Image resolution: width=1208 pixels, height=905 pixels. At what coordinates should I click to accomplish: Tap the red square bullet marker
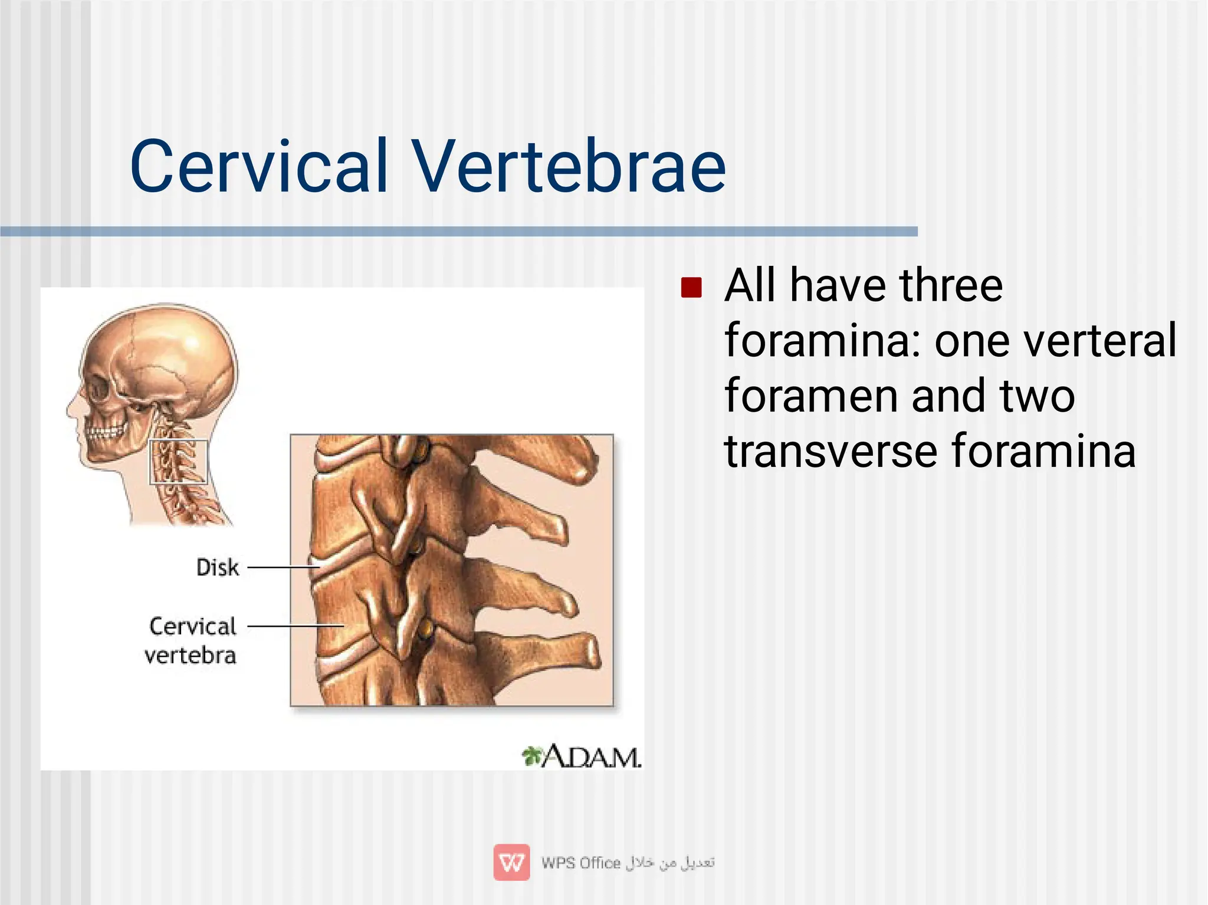point(691,288)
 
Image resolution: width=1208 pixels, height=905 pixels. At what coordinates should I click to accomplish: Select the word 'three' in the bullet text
point(951,285)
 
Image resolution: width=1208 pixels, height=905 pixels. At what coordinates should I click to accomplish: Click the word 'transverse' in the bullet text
point(831,452)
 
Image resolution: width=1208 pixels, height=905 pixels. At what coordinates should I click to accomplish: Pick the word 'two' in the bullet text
point(1038,396)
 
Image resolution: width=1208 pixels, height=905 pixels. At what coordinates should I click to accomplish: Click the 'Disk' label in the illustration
point(218,568)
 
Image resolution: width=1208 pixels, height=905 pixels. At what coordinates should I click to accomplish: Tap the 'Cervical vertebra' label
point(191,640)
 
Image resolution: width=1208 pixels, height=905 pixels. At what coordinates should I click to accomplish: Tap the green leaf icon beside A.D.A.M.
point(531,755)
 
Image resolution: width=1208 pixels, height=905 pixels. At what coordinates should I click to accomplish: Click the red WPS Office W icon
point(511,863)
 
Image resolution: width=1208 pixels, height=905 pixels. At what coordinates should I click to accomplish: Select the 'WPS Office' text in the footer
point(581,863)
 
